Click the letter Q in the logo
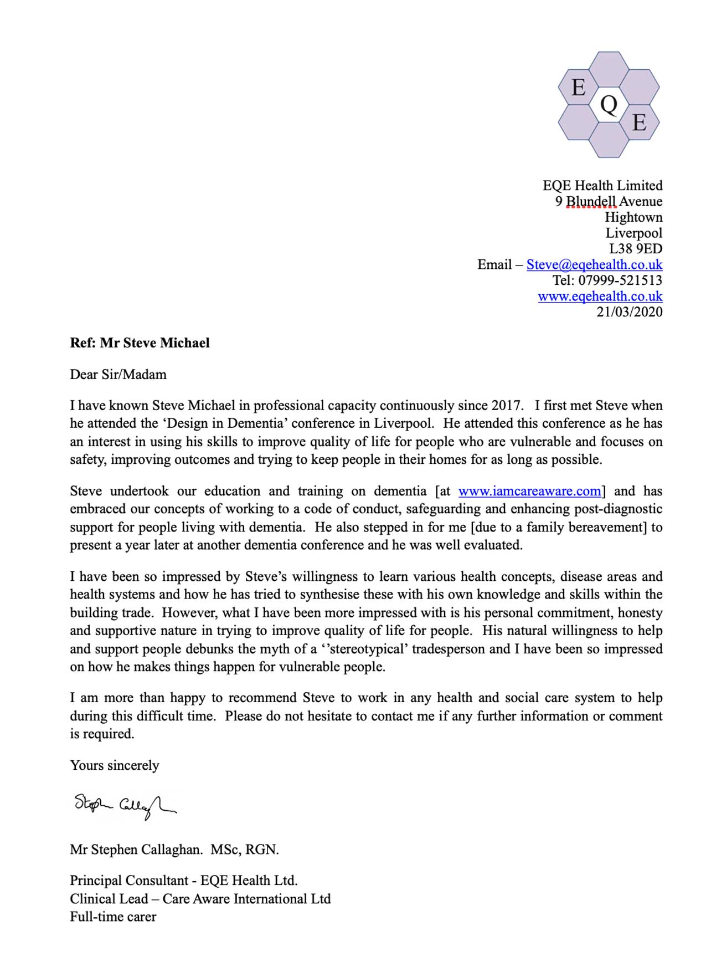click(609, 104)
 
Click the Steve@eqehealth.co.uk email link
click(594, 265)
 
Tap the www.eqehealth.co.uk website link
click(600, 296)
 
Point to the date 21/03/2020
click(629, 312)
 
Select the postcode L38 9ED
click(635, 249)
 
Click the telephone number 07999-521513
click(620, 280)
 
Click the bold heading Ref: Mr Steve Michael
click(140, 343)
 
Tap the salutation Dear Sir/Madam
click(118, 375)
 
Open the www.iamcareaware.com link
click(529, 492)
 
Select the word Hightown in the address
click(633, 217)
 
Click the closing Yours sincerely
click(114, 766)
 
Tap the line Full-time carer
click(113, 917)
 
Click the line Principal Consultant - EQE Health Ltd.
click(183, 881)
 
